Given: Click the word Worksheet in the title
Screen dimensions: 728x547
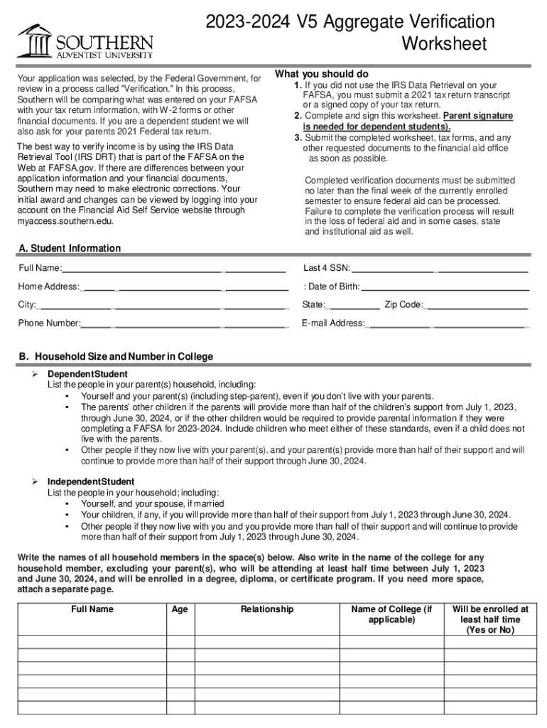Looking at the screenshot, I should (444, 44).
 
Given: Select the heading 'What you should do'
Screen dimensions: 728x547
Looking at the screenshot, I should (321, 75).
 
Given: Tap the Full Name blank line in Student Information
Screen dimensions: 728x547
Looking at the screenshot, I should (174, 269).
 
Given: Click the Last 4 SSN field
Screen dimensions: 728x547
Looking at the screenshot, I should (440, 269).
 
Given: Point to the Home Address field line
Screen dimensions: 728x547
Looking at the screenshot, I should (185, 287).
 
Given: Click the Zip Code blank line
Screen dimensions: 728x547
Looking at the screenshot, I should (476, 306).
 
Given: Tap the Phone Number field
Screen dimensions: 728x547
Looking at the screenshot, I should (185, 324).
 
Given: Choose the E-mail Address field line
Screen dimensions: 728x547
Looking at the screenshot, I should (448, 324).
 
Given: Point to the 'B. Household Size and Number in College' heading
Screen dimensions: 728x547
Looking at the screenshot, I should (116, 356).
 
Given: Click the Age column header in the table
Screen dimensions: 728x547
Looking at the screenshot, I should (180, 609).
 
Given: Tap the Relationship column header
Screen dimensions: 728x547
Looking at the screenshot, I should (267, 609).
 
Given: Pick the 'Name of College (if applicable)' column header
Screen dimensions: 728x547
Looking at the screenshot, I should (391, 614).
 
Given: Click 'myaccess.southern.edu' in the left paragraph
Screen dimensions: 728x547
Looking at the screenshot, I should (65, 221).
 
